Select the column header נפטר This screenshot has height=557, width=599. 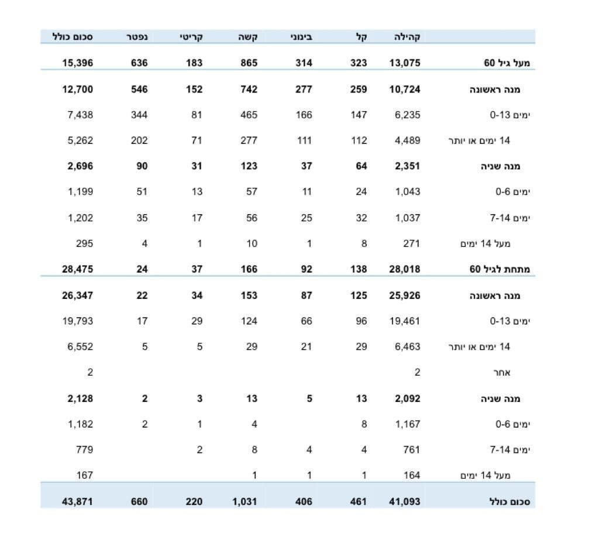pyautogui.click(x=135, y=37)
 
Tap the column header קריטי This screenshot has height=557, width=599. pyautogui.click(x=191, y=37)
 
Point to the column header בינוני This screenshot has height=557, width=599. pyautogui.click(x=301, y=37)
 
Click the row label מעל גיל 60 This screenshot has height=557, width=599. pyautogui.click(x=506, y=63)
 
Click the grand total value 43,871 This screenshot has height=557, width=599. pyautogui.click(x=77, y=501)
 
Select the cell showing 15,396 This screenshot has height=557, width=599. pyautogui.click(x=77, y=63)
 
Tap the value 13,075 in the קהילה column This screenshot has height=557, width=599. pyautogui.click(x=405, y=63)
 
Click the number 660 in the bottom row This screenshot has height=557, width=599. pyautogui.click(x=139, y=501)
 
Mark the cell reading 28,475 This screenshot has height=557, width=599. pyautogui.click(x=77, y=269)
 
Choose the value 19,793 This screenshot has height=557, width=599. pyautogui.click(x=77, y=321)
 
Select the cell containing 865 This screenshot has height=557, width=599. pyautogui.click(x=249, y=63)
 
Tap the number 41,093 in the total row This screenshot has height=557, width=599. pyautogui.click(x=405, y=501)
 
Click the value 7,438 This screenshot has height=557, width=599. pyautogui.click(x=80, y=115)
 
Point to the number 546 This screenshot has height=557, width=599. pyautogui.click(x=139, y=89)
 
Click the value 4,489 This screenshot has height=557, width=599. pyautogui.click(x=407, y=140)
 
